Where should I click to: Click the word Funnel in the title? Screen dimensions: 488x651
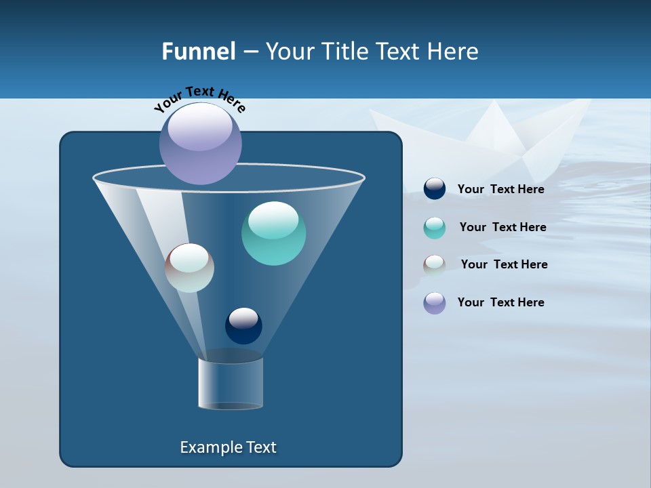198,52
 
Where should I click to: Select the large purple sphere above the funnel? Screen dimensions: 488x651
201,143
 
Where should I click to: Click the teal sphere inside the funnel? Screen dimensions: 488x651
273,233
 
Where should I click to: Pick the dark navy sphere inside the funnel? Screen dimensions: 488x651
243,325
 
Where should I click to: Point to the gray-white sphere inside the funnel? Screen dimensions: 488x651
189,268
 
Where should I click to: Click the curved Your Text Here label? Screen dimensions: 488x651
199,98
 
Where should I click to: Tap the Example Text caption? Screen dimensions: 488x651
228,447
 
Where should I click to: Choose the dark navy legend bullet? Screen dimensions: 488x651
435,189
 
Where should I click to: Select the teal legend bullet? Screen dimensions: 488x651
435,228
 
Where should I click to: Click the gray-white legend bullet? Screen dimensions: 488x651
435,265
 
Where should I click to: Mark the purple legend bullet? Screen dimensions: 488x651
435,303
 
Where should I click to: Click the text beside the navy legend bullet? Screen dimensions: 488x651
500,189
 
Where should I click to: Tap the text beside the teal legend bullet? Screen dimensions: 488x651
502,227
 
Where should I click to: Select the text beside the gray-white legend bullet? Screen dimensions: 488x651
504,264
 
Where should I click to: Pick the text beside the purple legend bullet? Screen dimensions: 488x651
500,302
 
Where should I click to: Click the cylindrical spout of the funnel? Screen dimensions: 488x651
231,383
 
